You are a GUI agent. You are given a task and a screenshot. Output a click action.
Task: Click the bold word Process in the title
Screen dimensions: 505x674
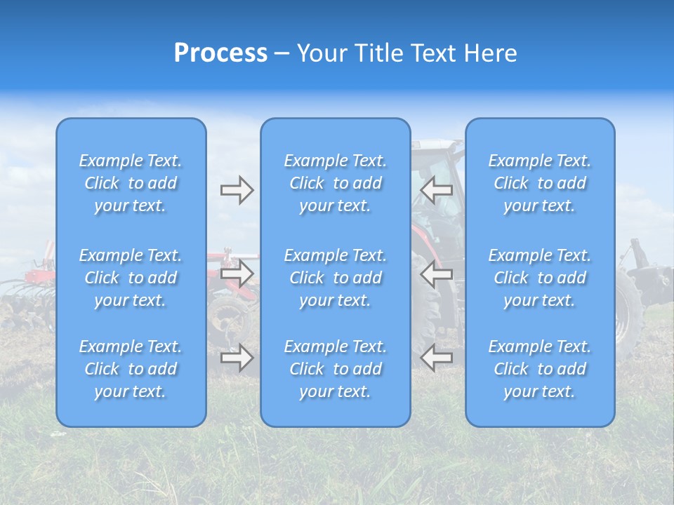(220, 53)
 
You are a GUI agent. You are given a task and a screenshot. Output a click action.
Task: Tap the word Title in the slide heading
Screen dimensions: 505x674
(378, 53)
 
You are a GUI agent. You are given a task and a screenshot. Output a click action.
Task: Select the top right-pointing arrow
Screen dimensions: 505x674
(237, 190)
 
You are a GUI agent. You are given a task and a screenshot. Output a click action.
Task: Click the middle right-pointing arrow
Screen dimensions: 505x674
(237, 274)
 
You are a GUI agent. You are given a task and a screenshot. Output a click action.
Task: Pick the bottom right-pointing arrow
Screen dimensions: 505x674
(237, 358)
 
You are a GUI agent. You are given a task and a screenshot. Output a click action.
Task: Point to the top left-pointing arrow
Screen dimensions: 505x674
(437, 190)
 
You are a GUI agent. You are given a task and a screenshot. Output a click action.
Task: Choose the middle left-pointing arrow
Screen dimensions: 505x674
(437, 274)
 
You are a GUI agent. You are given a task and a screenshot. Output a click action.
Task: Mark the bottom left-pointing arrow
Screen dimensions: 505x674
(437, 358)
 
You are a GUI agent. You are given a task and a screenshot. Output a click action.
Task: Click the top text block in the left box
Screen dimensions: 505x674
(131, 183)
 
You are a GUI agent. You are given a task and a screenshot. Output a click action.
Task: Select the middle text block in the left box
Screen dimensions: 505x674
(131, 278)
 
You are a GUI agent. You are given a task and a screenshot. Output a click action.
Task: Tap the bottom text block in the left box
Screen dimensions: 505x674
(131, 369)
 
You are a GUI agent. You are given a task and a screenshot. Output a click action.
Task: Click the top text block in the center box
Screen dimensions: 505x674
(336, 183)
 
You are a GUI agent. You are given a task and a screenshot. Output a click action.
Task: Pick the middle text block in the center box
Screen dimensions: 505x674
(336, 278)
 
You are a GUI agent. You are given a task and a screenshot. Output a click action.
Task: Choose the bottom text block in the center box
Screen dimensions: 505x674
(336, 369)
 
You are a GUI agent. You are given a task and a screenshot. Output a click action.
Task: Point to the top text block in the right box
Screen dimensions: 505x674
(540, 183)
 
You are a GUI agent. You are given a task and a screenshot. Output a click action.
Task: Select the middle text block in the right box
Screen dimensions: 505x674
(540, 278)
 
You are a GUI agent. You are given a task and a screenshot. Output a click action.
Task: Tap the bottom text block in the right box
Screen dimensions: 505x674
(540, 369)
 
